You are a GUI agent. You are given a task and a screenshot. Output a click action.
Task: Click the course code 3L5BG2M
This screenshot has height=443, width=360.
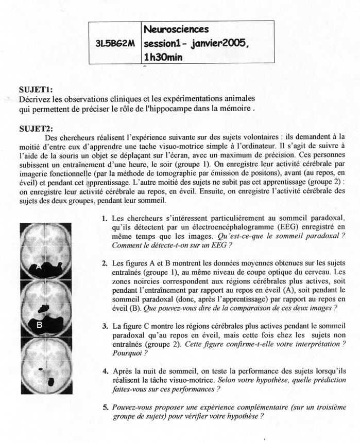pos(115,44)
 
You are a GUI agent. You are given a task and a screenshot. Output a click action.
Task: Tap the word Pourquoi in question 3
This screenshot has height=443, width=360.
pos(125,353)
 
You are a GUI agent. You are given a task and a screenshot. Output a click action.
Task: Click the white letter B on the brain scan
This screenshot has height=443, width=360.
pos(39,325)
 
